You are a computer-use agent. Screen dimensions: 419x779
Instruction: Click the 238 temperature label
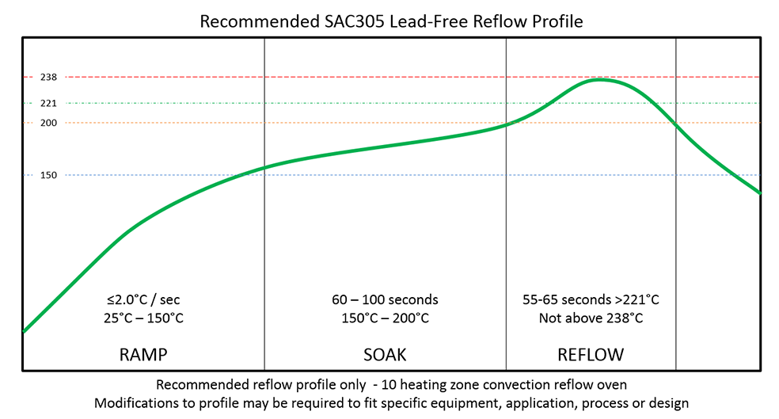(x=48, y=77)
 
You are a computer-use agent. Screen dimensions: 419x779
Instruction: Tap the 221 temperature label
(x=48, y=103)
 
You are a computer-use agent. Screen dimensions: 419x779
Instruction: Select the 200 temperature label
(x=48, y=123)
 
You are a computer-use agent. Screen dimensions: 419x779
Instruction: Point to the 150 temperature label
(x=48, y=175)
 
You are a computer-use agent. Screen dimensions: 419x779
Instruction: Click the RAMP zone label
(x=142, y=354)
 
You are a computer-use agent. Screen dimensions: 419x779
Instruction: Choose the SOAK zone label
(x=385, y=354)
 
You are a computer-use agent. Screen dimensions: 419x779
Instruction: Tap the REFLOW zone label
(x=590, y=354)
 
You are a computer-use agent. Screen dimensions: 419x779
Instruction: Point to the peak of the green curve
(x=598, y=79)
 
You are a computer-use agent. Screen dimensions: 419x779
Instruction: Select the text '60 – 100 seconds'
(x=385, y=300)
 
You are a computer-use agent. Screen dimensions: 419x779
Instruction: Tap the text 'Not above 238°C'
(x=590, y=318)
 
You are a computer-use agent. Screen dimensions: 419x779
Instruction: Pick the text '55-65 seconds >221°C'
(x=590, y=300)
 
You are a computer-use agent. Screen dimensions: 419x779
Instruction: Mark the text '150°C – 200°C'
(x=385, y=318)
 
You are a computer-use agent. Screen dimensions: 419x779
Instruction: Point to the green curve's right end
(x=760, y=192)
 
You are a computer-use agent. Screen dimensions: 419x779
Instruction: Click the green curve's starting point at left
(x=24, y=332)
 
